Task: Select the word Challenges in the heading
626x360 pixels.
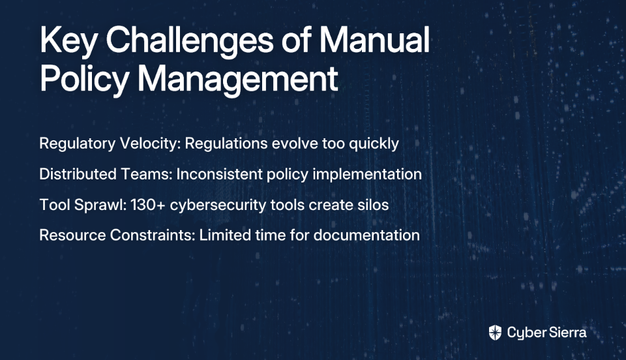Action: pyautogui.click(x=190, y=40)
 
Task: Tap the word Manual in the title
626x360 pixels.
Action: pyautogui.click(x=374, y=40)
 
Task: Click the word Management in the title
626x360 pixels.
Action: pyautogui.click(x=238, y=80)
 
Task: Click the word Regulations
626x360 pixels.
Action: pyautogui.click(x=226, y=143)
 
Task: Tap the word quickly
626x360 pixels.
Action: pyautogui.click(x=374, y=143)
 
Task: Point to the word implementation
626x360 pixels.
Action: pyautogui.click(x=367, y=174)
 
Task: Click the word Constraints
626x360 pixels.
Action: pyautogui.click(x=153, y=235)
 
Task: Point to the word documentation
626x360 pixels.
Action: pyautogui.click(x=366, y=235)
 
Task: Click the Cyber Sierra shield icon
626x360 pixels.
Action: pyautogui.click(x=495, y=333)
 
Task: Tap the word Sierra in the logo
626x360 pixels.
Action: pyautogui.click(x=567, y=332)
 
